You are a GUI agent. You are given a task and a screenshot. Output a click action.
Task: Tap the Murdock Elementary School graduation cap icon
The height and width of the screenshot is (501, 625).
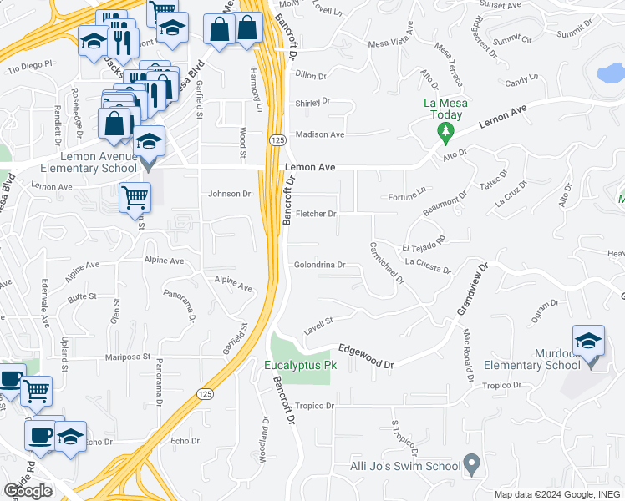click(x=588, y=342)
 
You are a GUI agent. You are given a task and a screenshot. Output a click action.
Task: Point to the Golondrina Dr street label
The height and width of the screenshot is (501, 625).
click(x=319, y=266)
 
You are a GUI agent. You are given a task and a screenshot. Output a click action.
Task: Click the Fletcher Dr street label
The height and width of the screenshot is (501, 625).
click(x=316, y=214)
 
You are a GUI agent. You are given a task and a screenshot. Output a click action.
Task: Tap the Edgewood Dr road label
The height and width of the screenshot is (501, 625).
click(x=365, y=357)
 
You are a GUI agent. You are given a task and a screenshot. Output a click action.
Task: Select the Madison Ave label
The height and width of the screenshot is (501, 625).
click(x=320, y=134)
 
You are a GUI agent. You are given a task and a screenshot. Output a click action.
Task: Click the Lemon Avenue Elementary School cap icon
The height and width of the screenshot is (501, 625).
click(x=149, y=141)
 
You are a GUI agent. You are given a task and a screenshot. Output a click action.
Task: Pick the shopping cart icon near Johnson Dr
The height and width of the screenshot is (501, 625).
click(x=135, y=198)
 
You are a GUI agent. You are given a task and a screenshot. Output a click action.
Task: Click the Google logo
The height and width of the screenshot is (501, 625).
click(x=28, y=491)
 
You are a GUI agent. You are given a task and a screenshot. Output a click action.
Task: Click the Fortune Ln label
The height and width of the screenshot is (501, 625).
click(x=408, y=197)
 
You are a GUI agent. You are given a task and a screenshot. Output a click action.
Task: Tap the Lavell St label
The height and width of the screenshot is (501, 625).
click(x=318, y=324)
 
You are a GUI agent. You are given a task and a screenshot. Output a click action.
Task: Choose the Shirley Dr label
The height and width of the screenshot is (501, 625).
click(x=313, y=103)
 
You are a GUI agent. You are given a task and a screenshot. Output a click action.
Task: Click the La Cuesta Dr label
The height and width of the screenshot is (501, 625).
click(x=428, y=266)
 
